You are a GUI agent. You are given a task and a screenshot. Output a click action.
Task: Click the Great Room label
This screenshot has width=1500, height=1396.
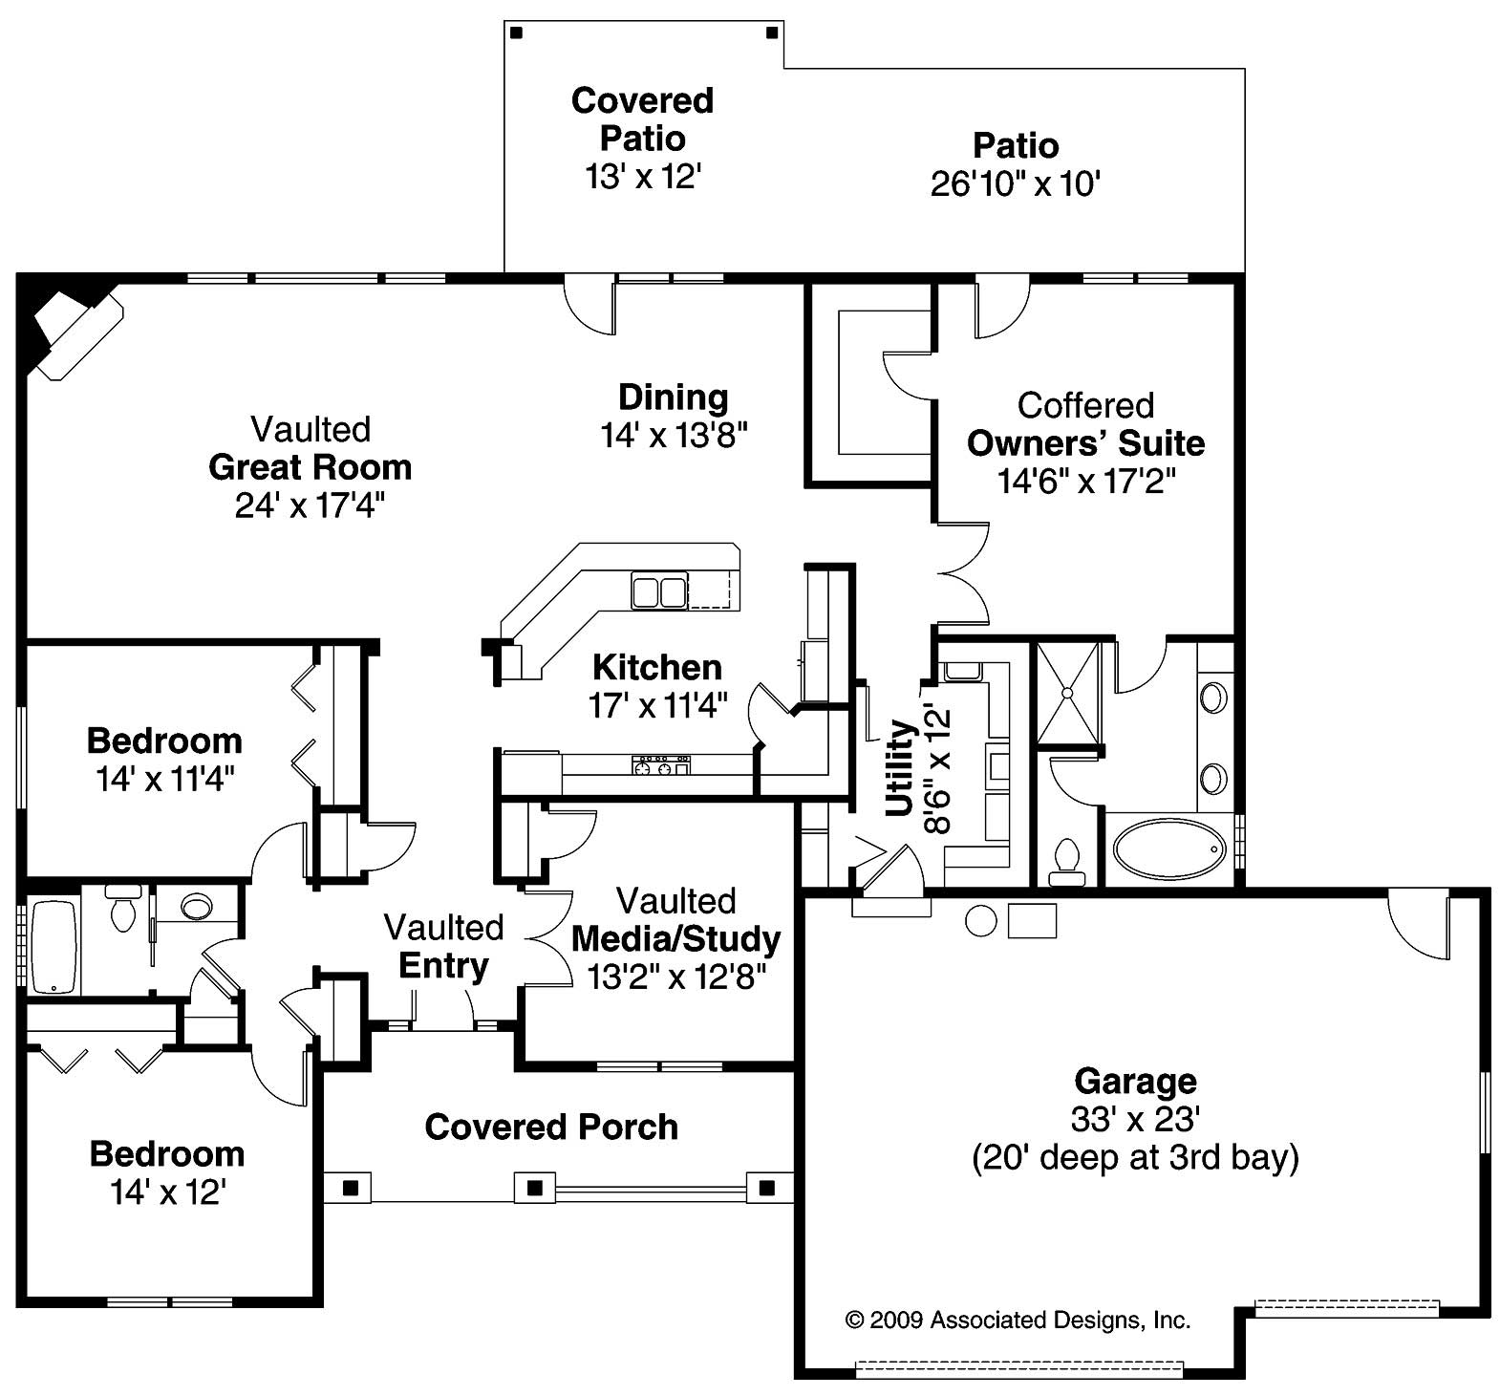(310, 467)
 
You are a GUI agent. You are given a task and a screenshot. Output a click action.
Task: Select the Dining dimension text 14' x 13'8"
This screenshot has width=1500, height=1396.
(674, 436)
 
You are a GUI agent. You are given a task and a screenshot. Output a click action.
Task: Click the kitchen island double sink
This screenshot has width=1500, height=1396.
(658, 591)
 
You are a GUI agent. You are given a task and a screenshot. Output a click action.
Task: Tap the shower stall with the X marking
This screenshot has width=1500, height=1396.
(1068, 693)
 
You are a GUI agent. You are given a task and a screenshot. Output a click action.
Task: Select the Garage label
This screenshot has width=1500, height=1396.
(1135, 1081)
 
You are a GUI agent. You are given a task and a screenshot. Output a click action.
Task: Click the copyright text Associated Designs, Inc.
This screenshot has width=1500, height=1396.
(1018, 1321)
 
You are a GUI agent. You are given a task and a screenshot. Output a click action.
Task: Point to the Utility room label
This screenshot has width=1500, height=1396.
(900, 768)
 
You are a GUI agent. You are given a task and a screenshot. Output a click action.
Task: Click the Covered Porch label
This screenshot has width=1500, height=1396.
(551, 1127)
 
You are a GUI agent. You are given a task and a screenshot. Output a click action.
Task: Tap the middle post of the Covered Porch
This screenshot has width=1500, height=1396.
(535, 1188)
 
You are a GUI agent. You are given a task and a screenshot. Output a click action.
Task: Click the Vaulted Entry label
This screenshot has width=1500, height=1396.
(443, 947)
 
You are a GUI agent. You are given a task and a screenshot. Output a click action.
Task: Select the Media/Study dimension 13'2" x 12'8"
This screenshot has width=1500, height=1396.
(677, 977)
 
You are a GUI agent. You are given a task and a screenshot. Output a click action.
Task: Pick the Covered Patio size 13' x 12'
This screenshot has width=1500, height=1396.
(643, 176)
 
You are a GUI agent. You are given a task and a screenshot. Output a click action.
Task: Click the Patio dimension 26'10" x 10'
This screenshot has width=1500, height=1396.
(1016, 183)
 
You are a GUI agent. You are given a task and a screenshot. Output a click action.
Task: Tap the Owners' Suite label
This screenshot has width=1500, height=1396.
(1085, 443)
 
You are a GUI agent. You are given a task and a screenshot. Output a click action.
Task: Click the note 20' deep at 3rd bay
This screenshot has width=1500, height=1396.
(1135, 1157)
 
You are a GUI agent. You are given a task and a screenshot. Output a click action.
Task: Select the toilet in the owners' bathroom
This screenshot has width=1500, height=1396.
(1066, 860)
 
